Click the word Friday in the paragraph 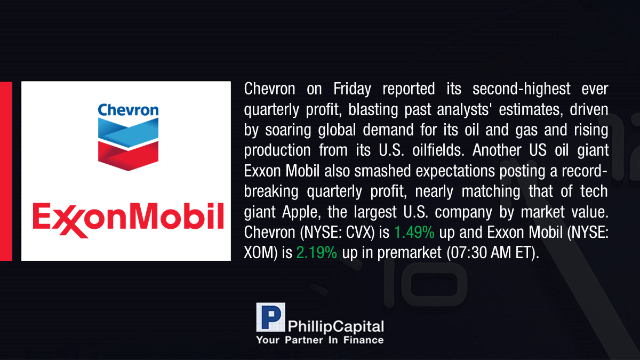(352, 89)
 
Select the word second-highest (521, 89)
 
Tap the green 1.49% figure (414, 232)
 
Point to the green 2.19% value (317, 253)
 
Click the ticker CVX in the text (359, 232)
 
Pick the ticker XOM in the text (258, 253)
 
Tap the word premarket (409, 253)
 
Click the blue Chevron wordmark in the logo (129, 110)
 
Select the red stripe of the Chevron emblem (129, 156)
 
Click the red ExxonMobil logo (128, 219)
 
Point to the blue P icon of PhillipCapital (270, 317)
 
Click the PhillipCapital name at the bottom (335, 326)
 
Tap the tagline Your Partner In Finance (319, 340)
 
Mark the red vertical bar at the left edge (6, 171)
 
